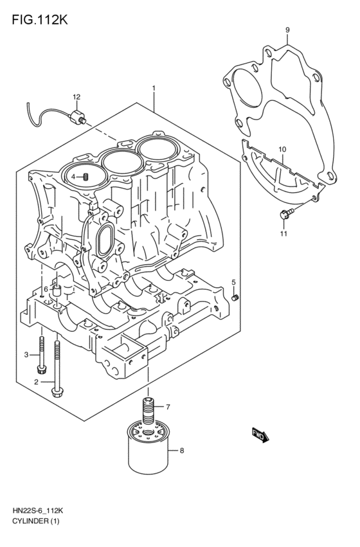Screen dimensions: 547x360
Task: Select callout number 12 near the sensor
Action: coord(76,97)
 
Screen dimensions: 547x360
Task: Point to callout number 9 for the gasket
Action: coord(287,30)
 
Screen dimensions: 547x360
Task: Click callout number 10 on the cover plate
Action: coord(282,150)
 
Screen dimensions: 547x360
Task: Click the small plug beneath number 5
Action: coord(235,296)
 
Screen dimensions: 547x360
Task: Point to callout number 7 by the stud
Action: coord(167,407)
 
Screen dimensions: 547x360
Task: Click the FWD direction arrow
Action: coord(259,435)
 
